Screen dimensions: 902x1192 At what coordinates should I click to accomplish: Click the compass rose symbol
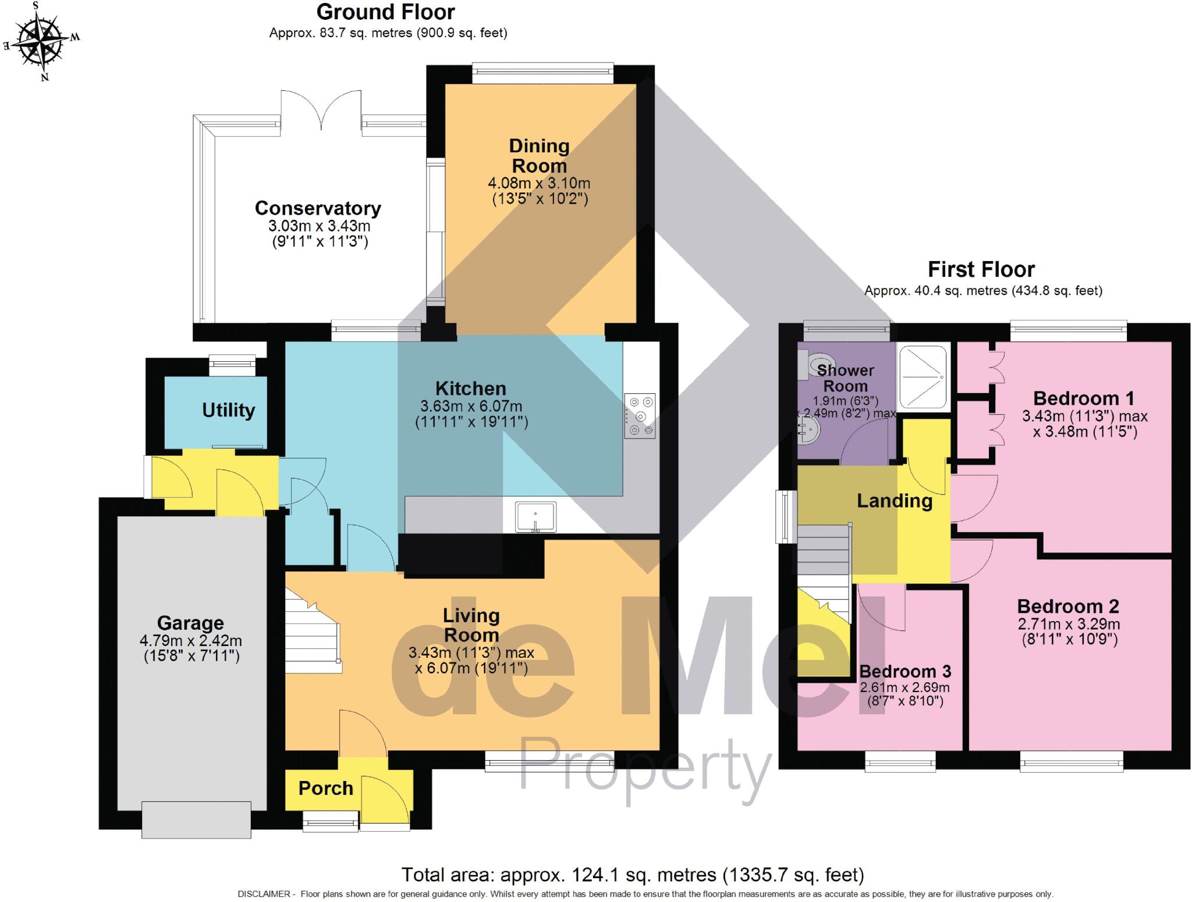click(40, 41)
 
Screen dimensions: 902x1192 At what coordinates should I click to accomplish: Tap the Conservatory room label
click(318, 208)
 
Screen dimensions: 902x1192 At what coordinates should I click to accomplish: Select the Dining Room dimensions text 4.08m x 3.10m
click(539, 183)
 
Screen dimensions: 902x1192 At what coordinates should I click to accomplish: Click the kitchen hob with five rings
click(640, 416)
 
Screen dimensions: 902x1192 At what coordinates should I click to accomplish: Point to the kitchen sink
click(535, 516)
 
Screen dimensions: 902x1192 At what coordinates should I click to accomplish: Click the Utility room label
click(228, 410)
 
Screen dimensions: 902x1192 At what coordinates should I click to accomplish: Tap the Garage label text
click(190, 623)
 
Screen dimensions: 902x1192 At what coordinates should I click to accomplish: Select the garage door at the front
click(196, 819)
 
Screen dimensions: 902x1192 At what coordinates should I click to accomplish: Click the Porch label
click(325, 788)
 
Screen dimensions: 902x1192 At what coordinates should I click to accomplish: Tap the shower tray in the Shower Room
click(923, 376)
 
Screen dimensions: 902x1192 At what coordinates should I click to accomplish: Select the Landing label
click(895, 501)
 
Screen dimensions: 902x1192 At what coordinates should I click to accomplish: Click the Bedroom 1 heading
click(1084, 398)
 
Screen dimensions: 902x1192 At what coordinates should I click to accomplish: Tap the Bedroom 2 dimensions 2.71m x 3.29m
click(1069, 624)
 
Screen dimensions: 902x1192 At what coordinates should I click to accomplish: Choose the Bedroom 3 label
click(905, 671)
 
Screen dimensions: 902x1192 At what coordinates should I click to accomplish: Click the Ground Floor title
click(385, 12)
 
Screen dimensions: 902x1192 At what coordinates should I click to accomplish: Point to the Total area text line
click(633, 874)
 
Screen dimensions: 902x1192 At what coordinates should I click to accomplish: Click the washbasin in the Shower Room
click(808, 432)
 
